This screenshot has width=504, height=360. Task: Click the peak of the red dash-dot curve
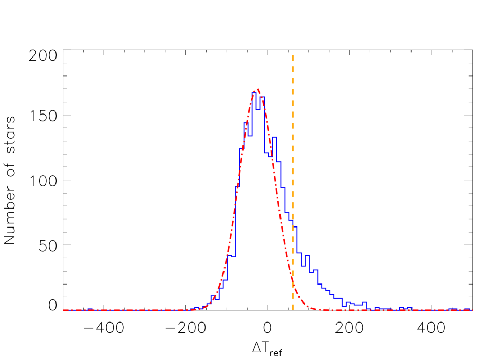pyautogui.click(x=257, y=89)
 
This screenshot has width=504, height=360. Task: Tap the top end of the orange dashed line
pyautogui.click(x=293, y=55)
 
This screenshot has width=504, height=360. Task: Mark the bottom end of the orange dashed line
pyautogui.click(x=293, y=310)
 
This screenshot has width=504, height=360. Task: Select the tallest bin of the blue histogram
pyautogui.click(x=254, y=93)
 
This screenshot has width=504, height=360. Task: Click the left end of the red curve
pyautogui.click(x=63, y=310)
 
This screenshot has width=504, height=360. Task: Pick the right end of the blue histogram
pyautogui.click(x=472, y=310)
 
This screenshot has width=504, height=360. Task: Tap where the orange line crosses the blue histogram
pyautogui.click(x=293, y=221)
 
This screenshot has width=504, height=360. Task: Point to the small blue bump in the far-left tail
pyautogui.click(x=90, y=309)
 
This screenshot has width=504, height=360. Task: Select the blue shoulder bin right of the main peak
pyautogui.click(x=274, y=137)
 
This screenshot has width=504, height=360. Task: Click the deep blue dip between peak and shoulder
pyautogui.click(x=267, y=153)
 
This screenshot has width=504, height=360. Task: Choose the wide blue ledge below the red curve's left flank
pyautogui.click(x=231, y=256)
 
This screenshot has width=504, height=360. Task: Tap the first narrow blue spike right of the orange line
pyautogui.click(x=307, y=255)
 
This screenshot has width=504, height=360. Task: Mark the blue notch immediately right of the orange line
pyautogui.click(x=303, y=266)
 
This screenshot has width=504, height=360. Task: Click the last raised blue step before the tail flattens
pyautogui.click(x=364, y=302)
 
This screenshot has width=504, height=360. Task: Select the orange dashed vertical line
pyautogui.click(x=293, y=154)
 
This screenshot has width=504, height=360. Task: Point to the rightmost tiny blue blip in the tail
pyautogui.click(x=468, y=309)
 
